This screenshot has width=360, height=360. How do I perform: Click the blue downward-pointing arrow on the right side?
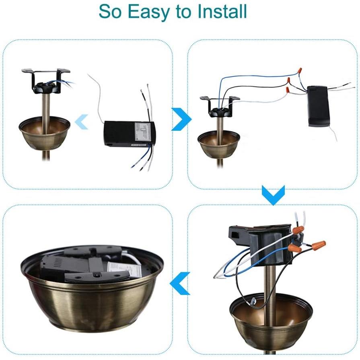pos(273,195)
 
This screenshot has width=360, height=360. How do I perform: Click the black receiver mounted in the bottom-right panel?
pos(259,243)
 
